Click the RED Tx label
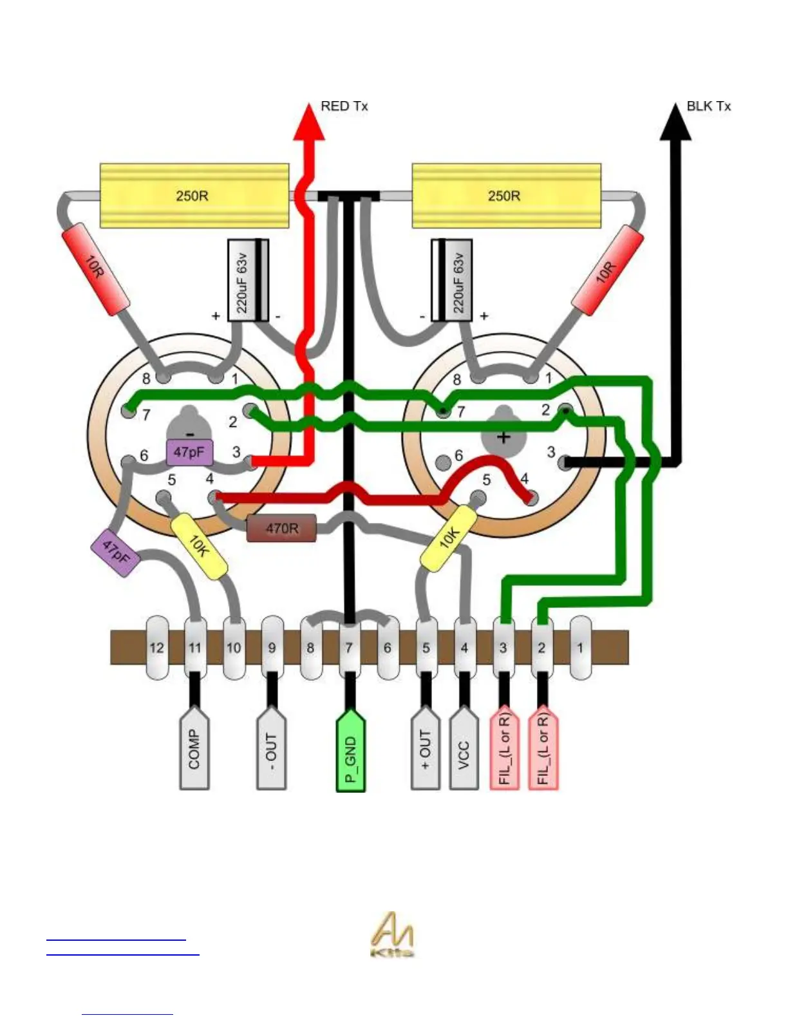(344, 106)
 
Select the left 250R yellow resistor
(194, 195)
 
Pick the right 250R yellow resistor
(506, 195)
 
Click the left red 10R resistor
(95, 269)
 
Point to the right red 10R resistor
(607, 270)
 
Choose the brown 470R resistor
(281, 528)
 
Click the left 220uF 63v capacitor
(249, 280)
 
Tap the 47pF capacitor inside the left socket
(189, 452)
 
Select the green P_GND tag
(351, 751)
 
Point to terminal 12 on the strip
(156, 648)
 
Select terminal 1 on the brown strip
(580, 648)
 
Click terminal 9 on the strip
(272, 648)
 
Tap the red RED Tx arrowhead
(309, 124)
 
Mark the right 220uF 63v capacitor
(451, 280)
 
